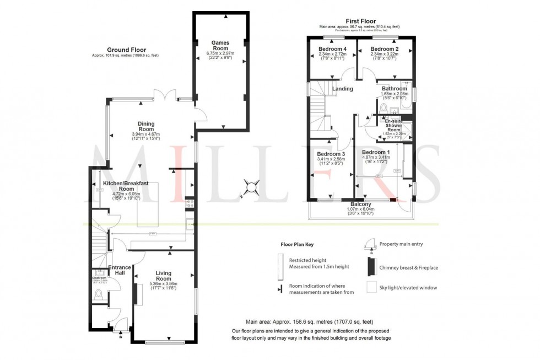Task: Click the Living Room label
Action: click(x=164, y=276)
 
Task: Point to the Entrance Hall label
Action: click(x=120, y=270)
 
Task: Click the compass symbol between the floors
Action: click(x=251, y=188)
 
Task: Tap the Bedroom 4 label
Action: click(x=332, y=49)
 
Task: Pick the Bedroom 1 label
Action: click(x=376, y=152)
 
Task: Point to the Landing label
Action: click(x=343, y=88)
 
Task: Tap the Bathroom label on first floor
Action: click(x=395, y=88)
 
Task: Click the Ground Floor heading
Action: click(x=127, y=50)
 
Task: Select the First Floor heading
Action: click(x=361, y=20)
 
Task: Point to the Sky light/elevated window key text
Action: click(x=408, y=288)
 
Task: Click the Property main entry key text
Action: click(x=401, y=244)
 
